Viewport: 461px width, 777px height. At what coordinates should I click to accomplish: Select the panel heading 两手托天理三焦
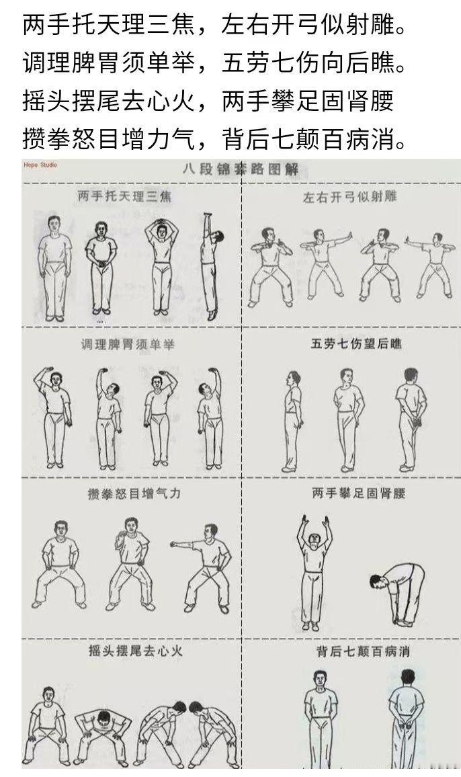125,196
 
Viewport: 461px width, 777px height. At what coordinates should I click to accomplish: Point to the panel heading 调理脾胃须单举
128,345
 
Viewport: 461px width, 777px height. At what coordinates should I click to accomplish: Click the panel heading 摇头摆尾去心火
136,651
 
